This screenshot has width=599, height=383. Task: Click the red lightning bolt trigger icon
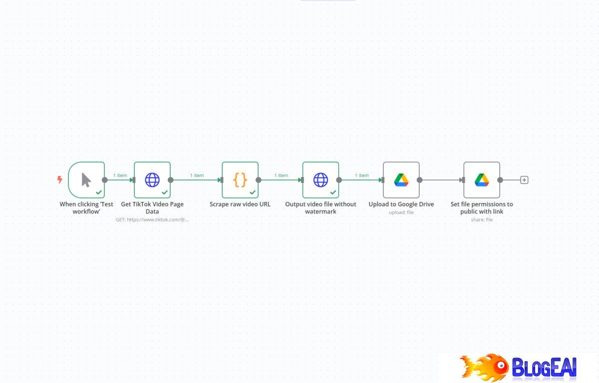pyautogui.click(x=60, y=180)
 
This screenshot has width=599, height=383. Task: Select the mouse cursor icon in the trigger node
pyautogui.click(x=86, y=180)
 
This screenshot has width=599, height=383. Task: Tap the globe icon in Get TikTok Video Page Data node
pyautogui.click(x=152, y=180)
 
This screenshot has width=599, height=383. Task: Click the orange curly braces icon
pyautogui.click(x=240, y=180)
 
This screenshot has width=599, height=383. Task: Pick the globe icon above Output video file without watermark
pyautogui.click(x=320, y=180)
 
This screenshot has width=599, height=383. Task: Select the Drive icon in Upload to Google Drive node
pyautogui.click(x=401, y=180)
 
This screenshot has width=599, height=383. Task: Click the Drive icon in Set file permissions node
pyautogui.click(x=482, y=180)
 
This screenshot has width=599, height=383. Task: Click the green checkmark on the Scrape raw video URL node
pyautogui.click(x=253, y=192)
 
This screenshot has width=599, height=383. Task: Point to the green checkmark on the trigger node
pyautogui.click(x=99, y=192)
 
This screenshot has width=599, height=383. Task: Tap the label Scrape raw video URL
pyautogui.click(x=240, y=204)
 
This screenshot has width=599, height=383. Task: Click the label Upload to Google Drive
pyautogui.click(x=401, y=204)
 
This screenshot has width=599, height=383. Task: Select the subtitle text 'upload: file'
pyautogui.click(x=401, y=212)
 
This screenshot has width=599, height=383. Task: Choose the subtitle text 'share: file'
pyautogui.click(x=482, y=219)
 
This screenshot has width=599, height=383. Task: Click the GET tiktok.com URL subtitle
pyautogui.click(x=152, y=219)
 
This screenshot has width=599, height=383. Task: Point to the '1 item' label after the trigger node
pyautogui.click(x=120, y=176)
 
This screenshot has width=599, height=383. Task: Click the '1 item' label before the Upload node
pyautogui.click(x=361, y=176)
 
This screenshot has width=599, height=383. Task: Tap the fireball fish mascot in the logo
pyautogui.click(x=484, y=368)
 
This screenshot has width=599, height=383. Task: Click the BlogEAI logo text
pyautogui.click(x=544, y=368)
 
